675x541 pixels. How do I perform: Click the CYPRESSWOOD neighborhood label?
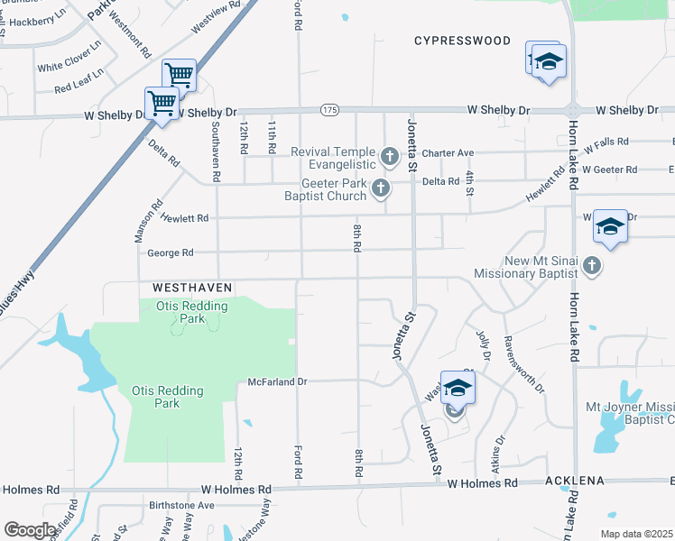click(462, 41)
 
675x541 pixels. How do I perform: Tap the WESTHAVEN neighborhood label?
click(192, 287)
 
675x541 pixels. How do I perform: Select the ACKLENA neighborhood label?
click(573, 481)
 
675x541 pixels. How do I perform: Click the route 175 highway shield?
click(329, 110)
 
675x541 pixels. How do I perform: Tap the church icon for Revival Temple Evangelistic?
click(390, 158)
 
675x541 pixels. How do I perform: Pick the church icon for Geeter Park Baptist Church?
click(381, 188)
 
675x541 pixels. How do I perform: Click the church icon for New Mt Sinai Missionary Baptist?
click(591, 265)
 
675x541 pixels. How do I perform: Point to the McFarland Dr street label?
click(278, 381)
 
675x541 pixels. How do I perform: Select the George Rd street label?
click(170, 253)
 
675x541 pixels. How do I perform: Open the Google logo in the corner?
click(30, 529)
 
